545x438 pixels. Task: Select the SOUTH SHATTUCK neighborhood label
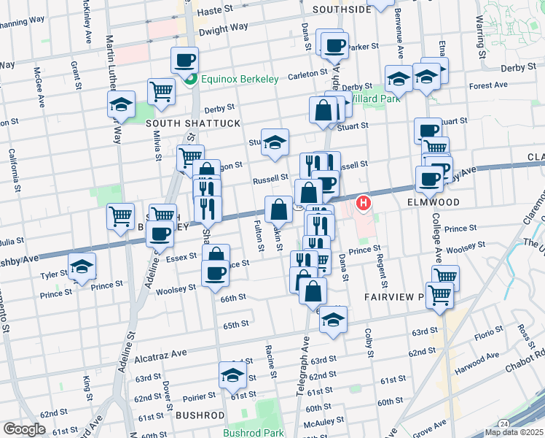[192, 123]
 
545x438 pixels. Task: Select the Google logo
[24, 429]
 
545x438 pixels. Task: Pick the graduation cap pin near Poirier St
[232, 376]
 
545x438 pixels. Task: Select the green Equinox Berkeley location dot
[191, 79]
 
